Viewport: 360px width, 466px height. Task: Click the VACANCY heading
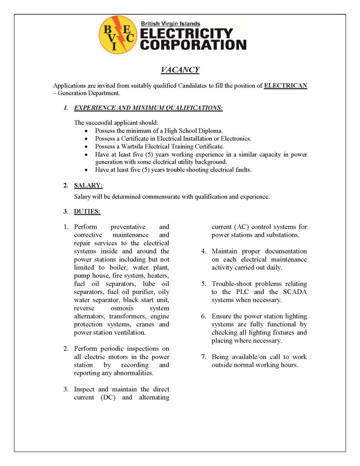(x=180, y=70)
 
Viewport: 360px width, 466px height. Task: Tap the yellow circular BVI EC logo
(x=117, y=35)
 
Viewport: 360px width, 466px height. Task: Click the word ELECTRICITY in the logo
(x=187, y=34)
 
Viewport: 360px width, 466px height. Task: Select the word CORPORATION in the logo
(x=193, y=45)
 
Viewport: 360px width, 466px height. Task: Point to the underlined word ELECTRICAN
(x=285, y=86)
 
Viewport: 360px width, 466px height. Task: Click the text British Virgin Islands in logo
(x=170, y=24)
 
